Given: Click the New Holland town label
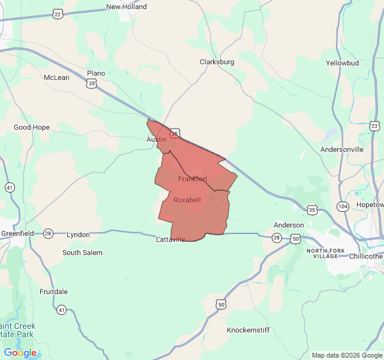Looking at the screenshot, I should point(126,7).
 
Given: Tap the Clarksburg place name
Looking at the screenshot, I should point(217,62).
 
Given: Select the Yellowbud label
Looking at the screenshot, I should point(342,63).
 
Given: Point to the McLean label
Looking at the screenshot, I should point(56,77).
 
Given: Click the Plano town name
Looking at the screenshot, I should point(95,73).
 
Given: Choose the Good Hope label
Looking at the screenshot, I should point(32,127).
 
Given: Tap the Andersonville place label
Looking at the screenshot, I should point(342,149).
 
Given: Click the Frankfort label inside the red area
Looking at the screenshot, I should point(193,179).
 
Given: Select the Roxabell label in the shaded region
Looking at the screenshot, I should point(187,200).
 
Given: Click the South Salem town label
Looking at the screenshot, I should point(82,253).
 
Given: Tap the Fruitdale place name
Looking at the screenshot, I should point(53,292).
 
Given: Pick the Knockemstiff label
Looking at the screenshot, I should point(250,331).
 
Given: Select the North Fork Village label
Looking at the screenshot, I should point(326,253).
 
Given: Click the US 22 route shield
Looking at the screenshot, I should point(57,13).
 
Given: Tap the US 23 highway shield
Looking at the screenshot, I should point(374,126).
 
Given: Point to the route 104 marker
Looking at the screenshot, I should point(343,206).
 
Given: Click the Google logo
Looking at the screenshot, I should point(20,353).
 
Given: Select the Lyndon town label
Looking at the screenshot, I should point(78,235).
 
